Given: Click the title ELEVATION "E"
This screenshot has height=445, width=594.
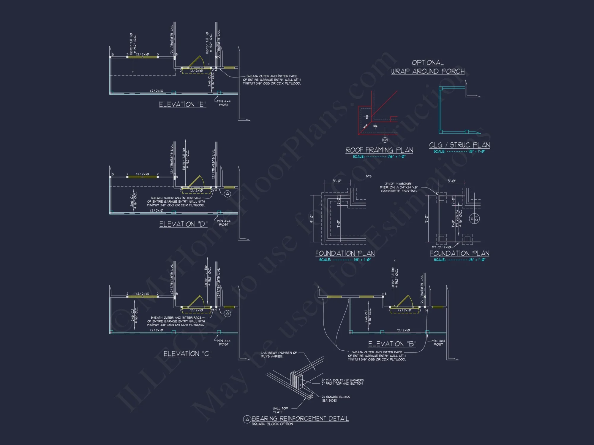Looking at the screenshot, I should click(182, 104).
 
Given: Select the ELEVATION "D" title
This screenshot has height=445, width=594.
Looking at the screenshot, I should click(183, 224).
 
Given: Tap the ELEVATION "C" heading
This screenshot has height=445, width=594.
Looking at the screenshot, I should click(187, 354).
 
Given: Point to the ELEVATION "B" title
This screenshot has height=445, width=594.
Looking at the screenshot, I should click(392, 344).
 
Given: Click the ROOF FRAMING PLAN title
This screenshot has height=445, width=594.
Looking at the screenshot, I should click(379, 150).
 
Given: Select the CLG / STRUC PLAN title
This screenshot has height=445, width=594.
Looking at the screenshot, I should click(459, 145).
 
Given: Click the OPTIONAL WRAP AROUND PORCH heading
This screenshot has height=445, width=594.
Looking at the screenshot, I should click(428, 67).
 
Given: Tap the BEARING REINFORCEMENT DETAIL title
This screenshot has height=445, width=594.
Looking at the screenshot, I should click(300, 419).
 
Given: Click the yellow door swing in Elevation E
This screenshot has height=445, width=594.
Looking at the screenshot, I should click(196, 62).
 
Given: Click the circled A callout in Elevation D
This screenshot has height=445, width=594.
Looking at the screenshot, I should click(227, 194).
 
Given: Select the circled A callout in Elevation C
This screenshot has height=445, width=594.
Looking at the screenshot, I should click(227, 314).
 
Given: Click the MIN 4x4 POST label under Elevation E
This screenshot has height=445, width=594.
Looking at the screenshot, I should click(224, 103).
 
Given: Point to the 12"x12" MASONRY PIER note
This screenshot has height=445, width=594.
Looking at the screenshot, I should click(399, 187).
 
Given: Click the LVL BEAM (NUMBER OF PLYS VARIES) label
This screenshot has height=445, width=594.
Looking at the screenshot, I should click(279, 355).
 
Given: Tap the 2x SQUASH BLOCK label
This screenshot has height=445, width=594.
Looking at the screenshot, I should click(336, 398).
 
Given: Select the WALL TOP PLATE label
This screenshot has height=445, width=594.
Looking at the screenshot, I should click(280, 410).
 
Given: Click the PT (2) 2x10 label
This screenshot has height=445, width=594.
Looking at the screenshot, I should click(441, 247).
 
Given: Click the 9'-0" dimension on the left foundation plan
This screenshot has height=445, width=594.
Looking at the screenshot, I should click(312, 219).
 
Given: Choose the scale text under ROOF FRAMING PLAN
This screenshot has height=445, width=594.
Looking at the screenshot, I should click(379, 157).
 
